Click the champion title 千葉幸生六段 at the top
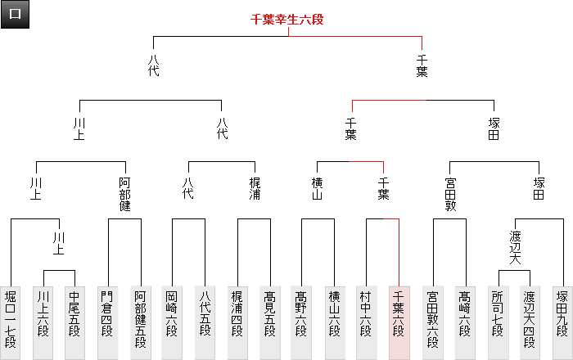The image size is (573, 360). tap(287, 20)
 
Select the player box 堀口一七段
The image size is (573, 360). tap(11, 322)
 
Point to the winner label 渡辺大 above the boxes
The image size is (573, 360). tap(514, 248)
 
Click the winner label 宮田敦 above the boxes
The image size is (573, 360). tap(449, 193)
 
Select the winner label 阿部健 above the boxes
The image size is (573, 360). tap(124, 193)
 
